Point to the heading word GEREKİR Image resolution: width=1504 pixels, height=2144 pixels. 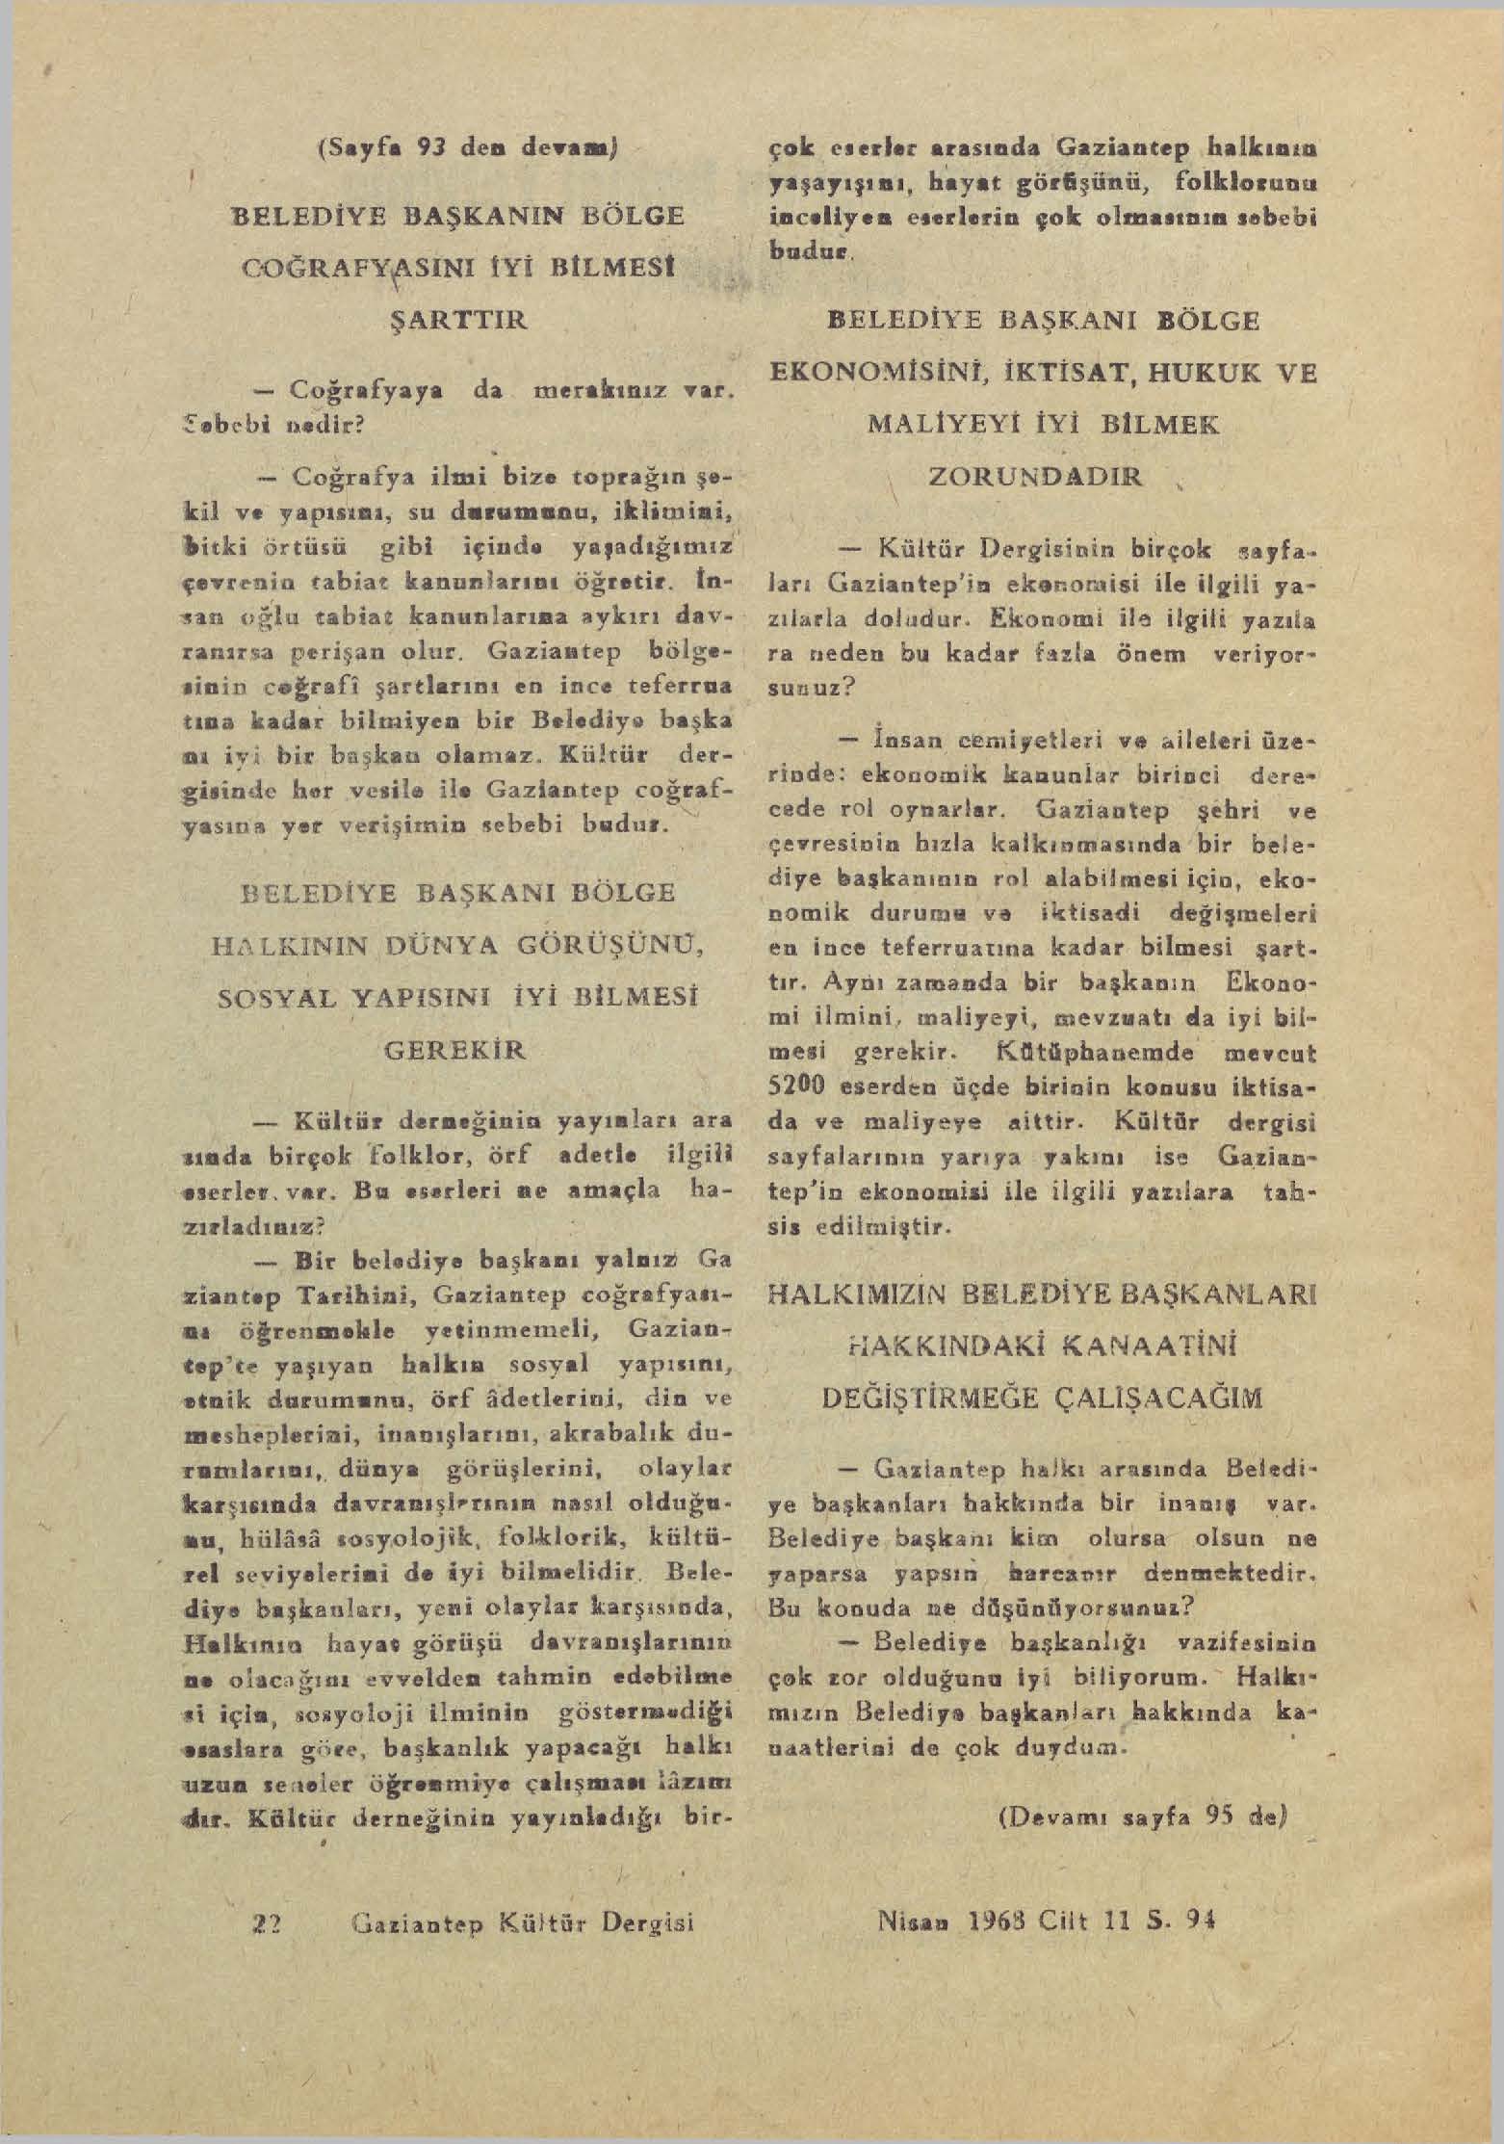click(x=455, y=1048)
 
